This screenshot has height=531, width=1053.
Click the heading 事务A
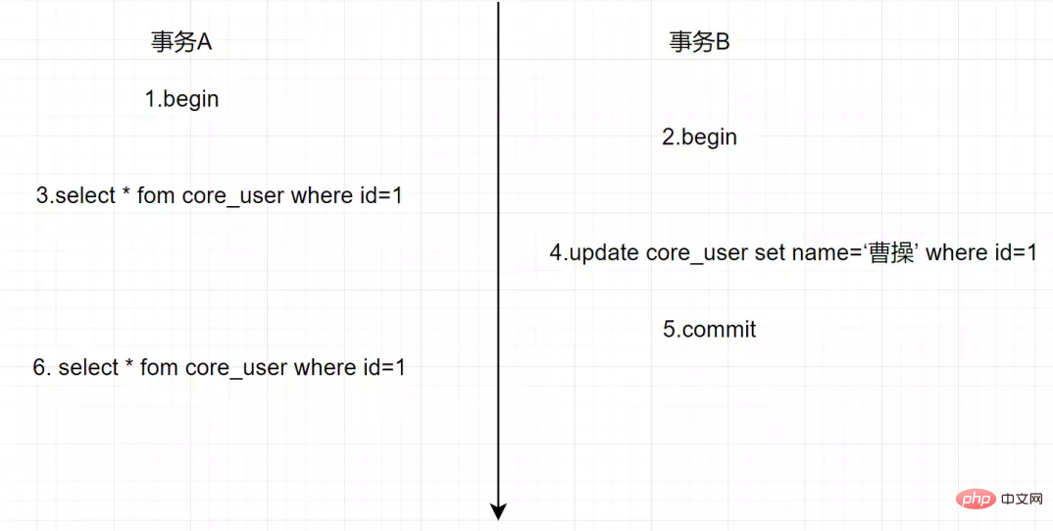tap(181, 42)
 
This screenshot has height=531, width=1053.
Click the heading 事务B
tap(699, 42)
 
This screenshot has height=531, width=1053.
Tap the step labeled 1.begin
tap(182, 99)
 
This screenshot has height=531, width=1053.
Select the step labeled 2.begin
tap(700, 137)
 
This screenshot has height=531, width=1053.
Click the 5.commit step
tap(709, 330)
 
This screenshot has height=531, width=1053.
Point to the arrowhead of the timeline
tap(498, 511)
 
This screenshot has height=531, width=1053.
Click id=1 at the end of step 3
tap(377, 195)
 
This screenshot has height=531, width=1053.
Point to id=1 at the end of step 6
tap(380, 368)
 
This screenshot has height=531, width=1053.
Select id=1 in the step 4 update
tap(1012, 253)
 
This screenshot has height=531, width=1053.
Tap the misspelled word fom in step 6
tap(160, 368)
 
